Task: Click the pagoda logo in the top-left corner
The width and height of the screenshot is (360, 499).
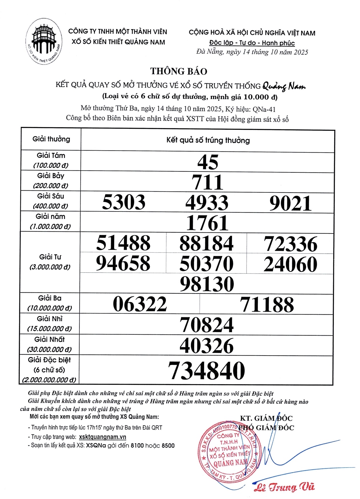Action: coord(44,41)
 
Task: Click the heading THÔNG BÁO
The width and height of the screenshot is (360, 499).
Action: coord(179,71)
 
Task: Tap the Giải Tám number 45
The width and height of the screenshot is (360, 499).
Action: coord(208,162)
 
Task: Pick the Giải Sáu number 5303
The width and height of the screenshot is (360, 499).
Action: coord(124,202)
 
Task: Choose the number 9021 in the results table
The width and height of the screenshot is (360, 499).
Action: coord(290,203)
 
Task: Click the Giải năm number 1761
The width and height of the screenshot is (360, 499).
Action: coord(207,223)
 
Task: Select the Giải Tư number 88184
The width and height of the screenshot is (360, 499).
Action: coord(206,243)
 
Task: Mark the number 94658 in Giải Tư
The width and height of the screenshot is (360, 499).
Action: coord(123,263)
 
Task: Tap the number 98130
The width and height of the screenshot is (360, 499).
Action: coord(207,284)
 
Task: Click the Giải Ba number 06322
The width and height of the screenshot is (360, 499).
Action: coord(140,304)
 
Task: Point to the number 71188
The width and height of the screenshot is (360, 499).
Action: coord(267,305)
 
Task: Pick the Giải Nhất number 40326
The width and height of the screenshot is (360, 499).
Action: coord(206,346)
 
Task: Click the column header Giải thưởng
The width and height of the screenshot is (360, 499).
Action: coord(51,139)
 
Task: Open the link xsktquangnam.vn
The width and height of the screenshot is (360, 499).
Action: coord(103,437)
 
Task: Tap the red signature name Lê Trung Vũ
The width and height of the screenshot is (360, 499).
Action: coord(284,487)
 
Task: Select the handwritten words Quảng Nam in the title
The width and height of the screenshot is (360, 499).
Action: coord(284,86)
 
